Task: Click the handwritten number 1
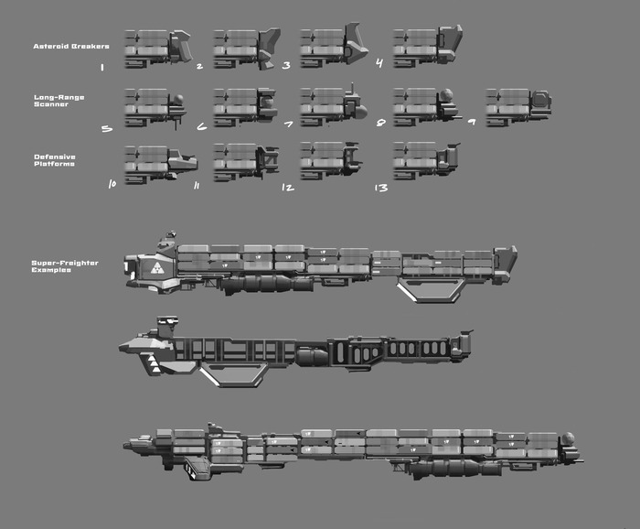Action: [x=101, y=67]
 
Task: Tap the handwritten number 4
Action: [x=379, y=65]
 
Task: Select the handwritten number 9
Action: [x=471, y=122]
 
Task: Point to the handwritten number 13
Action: [x=380, y=188]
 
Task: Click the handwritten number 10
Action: [x=112, y=183]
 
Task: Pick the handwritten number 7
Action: [x=288, y=125]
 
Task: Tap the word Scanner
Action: [x=51, y=104]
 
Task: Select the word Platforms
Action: [x=55, y=164]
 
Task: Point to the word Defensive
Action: [x=55, y=157]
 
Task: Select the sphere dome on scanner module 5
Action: [x=181, y=101]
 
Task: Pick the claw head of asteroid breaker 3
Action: [x=357, y=40]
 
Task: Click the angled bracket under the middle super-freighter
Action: [x=233, y=372]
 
